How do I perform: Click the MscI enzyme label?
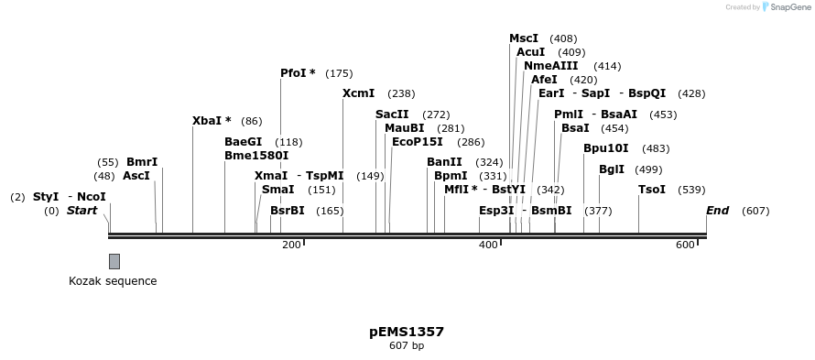(524, 38)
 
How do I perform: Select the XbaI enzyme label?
(207, 121)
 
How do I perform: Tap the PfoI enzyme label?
(294, 73)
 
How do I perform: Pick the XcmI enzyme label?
(358, 93)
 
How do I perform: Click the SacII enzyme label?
(392, 115)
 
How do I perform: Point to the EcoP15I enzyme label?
(417, 142)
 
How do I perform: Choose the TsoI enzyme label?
(652, 190)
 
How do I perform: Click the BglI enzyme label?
(612, 169)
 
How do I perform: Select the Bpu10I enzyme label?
(606, 148)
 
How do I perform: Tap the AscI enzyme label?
(136, 176)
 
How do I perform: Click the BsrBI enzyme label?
(287, 211)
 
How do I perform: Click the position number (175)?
(339, 73)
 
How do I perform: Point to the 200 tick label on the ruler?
(291, 245)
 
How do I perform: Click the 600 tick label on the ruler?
(685, 245)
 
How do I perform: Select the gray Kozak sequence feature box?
(114, 261)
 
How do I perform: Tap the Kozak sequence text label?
(113, 281)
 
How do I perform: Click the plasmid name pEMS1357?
(407, 332)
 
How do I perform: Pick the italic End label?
(717, 211)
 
